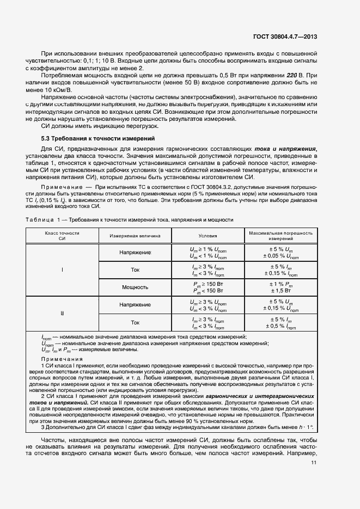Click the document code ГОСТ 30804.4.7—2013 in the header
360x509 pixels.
tap(285, 37)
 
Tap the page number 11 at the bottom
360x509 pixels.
tap(314, 463)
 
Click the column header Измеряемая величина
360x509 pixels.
tap(135, 236)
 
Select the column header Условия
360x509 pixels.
tap(207, 236)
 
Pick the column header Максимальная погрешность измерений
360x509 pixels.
tap(280, 236)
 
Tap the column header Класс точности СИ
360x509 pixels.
tap(62, 236)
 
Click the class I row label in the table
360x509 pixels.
tap(62, 269)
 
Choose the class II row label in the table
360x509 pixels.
tap(62, 314)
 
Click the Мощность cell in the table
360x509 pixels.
tap(135, 287)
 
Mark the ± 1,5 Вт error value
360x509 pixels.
tap(280, 291)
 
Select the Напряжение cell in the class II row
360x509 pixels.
tap(135, 305)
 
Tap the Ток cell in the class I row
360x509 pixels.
tap(135, 269)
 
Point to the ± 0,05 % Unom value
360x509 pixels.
tap(280, 255)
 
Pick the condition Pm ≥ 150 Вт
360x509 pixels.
tap(207, 284)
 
